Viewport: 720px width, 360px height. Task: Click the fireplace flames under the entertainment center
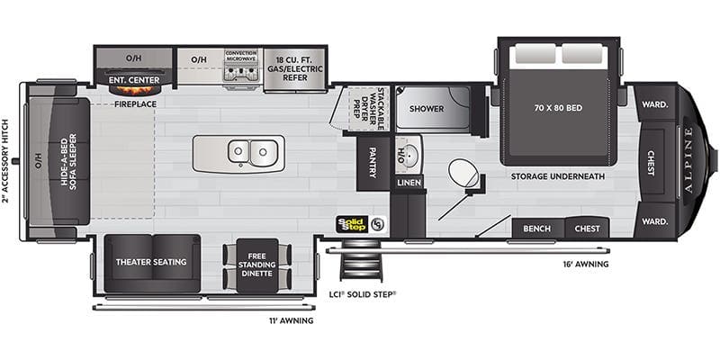point(134,88)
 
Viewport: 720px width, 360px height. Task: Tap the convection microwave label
point(241,56)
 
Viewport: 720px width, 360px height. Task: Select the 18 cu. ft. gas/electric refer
point(294,69)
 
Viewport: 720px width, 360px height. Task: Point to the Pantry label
point(373,163)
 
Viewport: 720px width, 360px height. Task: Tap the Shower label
point(427,109)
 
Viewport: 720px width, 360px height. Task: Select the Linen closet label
point(409,183)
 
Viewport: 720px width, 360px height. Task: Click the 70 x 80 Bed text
point(558,108)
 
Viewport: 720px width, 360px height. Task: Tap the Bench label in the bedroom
point(536,229)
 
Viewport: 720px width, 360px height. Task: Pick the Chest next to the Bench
point(587,229)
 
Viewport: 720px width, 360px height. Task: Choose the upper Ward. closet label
point(655,104)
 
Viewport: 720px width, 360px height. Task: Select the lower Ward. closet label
point(655,221)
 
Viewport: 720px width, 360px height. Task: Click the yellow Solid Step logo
point(352,224)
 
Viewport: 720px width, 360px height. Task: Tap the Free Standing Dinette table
point(256,265)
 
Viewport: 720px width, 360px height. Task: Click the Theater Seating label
point(151,262)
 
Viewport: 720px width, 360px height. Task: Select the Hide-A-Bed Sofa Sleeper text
point(68,162)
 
